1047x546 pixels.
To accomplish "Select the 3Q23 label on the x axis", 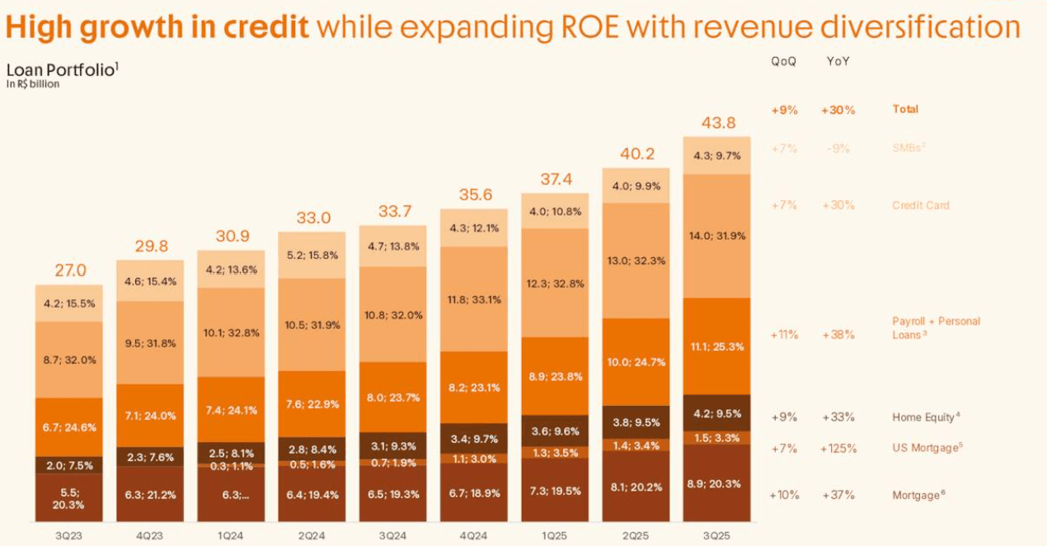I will click(x=68, y=534).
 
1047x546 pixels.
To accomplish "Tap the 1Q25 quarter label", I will click(x=555, y=534).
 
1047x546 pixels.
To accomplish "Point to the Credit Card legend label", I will click(x=920, y=205).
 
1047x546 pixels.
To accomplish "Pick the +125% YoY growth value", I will click(x=838, y=449).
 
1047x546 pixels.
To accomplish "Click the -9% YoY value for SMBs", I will click(x=838, y=149).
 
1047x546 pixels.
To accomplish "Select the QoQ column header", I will click(x=783, y=62).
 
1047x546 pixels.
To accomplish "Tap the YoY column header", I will click(x=838, y=62).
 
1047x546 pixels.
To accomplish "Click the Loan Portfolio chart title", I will click(x=62, y=70).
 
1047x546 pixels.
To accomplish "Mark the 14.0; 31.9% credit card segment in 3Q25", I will click(x=716, y=236).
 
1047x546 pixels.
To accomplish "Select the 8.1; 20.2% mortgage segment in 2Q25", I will click(x=635, y=487).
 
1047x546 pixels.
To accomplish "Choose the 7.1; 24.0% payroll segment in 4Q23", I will click(x=149, y=416).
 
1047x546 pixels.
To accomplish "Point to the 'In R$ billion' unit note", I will click(x=33, y=84).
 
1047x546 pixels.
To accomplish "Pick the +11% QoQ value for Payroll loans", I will click(x=782, y=335).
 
